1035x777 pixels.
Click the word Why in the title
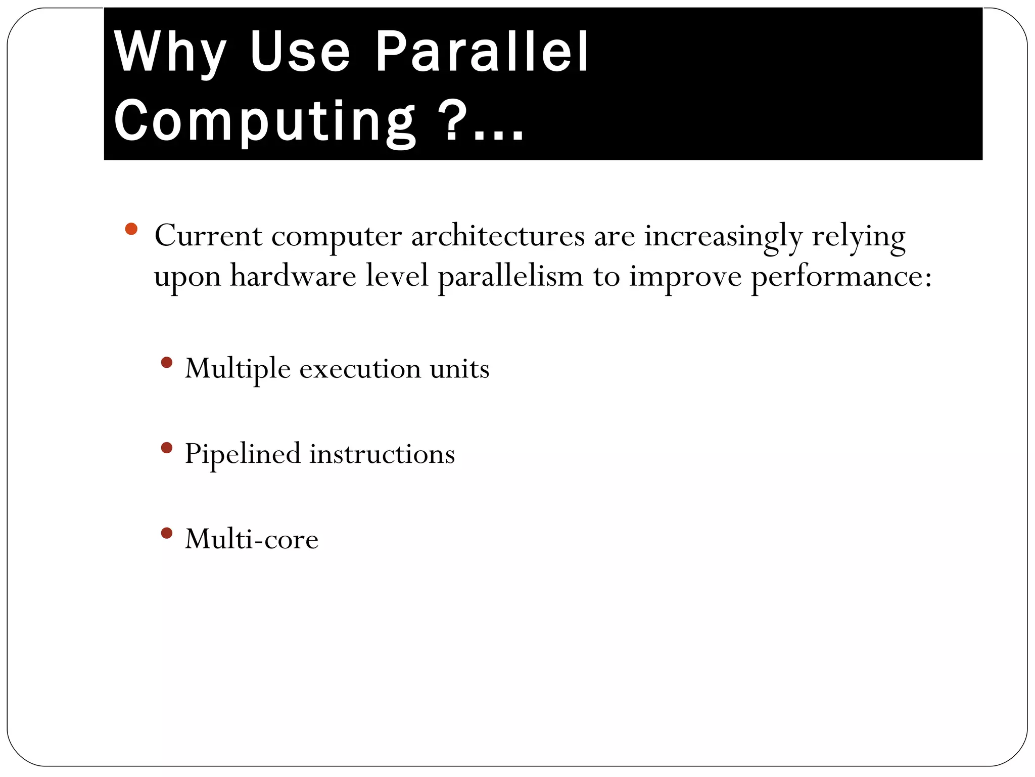pyautogui.click(x=170, y=52)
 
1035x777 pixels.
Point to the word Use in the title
pyautogui.click(x=299, y=52)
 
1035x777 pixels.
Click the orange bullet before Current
pyautogui.click(x=131, y=229)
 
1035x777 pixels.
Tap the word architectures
pyautogui.click(x=498, y=236)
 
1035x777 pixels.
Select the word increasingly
pyautogui.click(x=723, y=236)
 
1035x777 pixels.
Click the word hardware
pyautogui.click(x=294, y=277)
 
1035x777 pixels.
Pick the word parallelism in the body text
pyautogui.click(x=510, y=277)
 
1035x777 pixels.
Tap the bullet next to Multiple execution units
pyautogui.click(x=166, y=363)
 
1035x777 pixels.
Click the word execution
pyautogui.click(x=360, y=369)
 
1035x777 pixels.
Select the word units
pyautogui.click(x=459, y=369)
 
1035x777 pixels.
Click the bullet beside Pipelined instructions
pyautogui.click(x=166, y=448)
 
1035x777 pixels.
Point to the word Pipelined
pyautogui.click(x=243, y=454)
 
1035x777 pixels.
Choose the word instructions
pyautogui.click(x=382, y=454)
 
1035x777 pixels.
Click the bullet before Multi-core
pyautogui.click(x=166, y=533)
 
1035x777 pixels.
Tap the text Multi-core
pyautogui.click(x=252, y=539)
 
